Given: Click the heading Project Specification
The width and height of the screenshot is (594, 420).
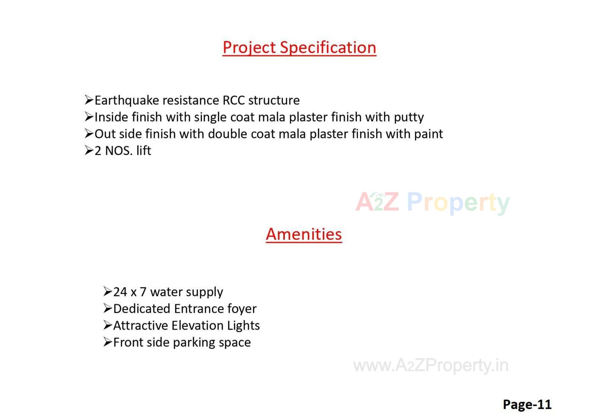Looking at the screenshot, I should coord(299,48).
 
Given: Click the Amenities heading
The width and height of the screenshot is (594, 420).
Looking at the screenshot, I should coord(304,234).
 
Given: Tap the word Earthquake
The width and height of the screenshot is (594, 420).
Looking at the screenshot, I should coord(127,101).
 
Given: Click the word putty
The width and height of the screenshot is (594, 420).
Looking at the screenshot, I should coord(409,118).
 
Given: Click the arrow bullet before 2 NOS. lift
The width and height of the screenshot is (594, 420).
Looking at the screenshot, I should coord(89,151).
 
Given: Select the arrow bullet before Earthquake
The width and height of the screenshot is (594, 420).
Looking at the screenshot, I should coord(89,100).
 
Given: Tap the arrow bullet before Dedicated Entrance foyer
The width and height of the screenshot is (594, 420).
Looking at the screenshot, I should coord(108,308).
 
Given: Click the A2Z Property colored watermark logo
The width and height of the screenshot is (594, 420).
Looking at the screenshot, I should coord(432,202).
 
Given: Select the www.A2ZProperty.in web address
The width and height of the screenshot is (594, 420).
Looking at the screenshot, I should coord(431,366).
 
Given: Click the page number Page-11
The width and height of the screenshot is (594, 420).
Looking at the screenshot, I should coord(527,405).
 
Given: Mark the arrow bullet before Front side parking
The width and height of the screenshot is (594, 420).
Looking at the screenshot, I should coord(108,342).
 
